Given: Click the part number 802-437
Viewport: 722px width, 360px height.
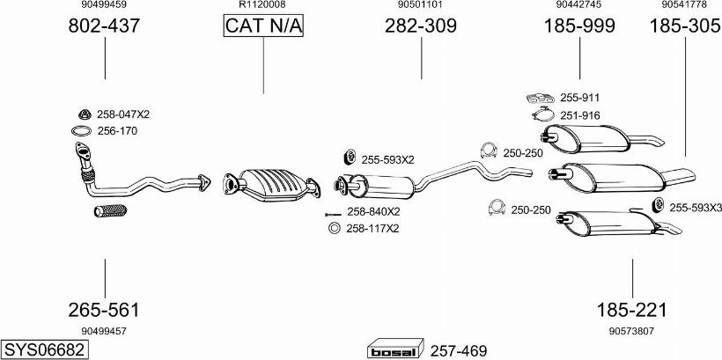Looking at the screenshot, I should coord(104,26).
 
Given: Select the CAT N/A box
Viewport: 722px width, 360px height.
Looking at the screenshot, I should coord(263,26).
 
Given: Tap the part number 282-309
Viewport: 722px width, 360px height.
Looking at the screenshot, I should coord(420,26).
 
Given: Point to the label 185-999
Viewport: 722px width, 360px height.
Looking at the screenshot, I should coord(579,26).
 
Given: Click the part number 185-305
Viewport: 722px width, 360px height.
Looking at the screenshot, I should coord(684,26).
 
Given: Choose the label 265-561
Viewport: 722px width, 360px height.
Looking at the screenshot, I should coord(104,310).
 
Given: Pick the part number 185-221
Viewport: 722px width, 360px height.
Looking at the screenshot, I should coord(631,310).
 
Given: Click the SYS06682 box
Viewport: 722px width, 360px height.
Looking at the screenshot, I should coord(45,349).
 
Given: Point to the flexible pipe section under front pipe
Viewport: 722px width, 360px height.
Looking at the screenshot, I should coord(111,210).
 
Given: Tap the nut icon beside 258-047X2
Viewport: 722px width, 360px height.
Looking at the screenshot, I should coord(85,114).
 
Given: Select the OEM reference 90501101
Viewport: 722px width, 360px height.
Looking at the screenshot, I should coord(420,5).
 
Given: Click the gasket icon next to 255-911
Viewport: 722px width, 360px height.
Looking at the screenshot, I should coord(541,98).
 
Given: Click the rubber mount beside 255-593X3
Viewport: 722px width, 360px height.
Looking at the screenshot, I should coord(658,206).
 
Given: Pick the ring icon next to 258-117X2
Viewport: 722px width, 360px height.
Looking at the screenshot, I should coord(334,228).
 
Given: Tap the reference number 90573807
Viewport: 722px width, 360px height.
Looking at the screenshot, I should coord(631,331).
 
